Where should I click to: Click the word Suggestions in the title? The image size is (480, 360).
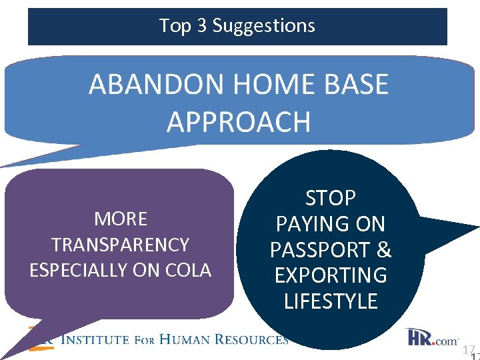coord(263,26)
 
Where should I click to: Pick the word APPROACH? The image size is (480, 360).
coord(238,122)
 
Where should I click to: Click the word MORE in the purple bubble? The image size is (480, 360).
coord(121,219)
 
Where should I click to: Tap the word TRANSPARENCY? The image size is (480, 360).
coord(121,245)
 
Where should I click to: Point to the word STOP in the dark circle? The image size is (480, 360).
coord(331,198)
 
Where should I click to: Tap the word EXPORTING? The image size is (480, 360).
coord(331,275)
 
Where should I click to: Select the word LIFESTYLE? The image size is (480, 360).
coord(331,301)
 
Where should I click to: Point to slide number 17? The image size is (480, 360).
coord(468,349)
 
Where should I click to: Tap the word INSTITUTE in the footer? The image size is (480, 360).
coord(95,339)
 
